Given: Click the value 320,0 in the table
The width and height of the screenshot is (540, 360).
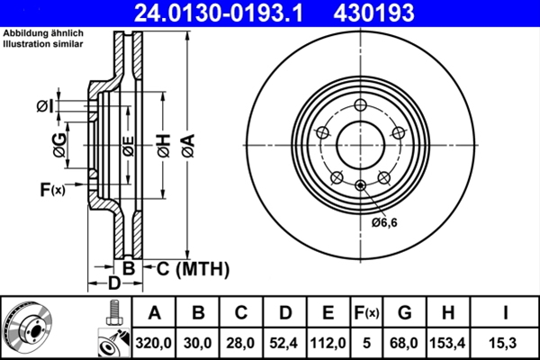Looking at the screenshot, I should (x=154, y=343).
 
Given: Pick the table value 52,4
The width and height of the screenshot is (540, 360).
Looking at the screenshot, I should (x=284, y=343).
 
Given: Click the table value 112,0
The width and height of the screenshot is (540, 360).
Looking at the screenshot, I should (x=328, y=343).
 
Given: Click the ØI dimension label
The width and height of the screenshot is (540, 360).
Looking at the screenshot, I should (x=45, y=107).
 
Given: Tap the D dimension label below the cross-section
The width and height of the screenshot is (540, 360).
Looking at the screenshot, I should (x=114, y=284).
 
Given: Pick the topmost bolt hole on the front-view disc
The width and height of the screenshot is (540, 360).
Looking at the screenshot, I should (x=360, y=102).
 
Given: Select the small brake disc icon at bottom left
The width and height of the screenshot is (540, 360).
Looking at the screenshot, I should (x=29, y=327).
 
